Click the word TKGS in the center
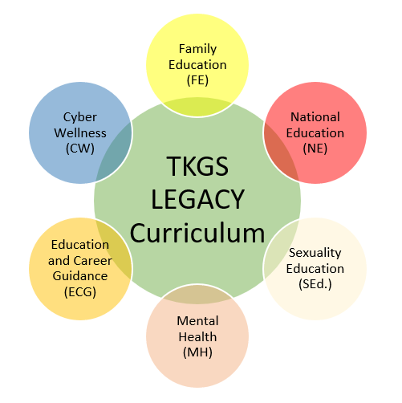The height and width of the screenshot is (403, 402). tap(197, 166)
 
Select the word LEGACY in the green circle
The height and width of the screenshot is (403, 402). tap(197, 199)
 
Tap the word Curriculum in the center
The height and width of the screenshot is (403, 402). tap(197, 233)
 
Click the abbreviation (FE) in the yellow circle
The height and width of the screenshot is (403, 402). tap(197, 80)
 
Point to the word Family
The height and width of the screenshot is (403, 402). tap(197, 49)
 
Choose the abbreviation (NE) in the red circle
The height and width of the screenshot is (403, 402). tap(315, 149)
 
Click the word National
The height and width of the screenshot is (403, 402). tap(315, 117)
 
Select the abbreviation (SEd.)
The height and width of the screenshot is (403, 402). tap(315, 284)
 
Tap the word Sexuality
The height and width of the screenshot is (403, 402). tap(315, 253)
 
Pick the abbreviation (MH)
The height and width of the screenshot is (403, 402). tap(197, 352)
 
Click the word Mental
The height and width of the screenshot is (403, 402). tap(197, 321)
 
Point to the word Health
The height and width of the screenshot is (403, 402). tap(197, 336)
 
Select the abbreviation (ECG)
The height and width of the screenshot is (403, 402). tap(80, 292)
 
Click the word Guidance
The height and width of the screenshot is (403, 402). tap(80, 276)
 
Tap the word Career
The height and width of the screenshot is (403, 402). tap(93, 261)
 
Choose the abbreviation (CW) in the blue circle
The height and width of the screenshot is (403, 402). tap(80, 149)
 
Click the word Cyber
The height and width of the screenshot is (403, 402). tap(80, 117)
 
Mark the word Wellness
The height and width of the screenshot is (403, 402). tap(80, 133)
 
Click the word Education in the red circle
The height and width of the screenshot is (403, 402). tap(315, 133)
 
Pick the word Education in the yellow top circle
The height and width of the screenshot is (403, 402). tap(197, 65)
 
